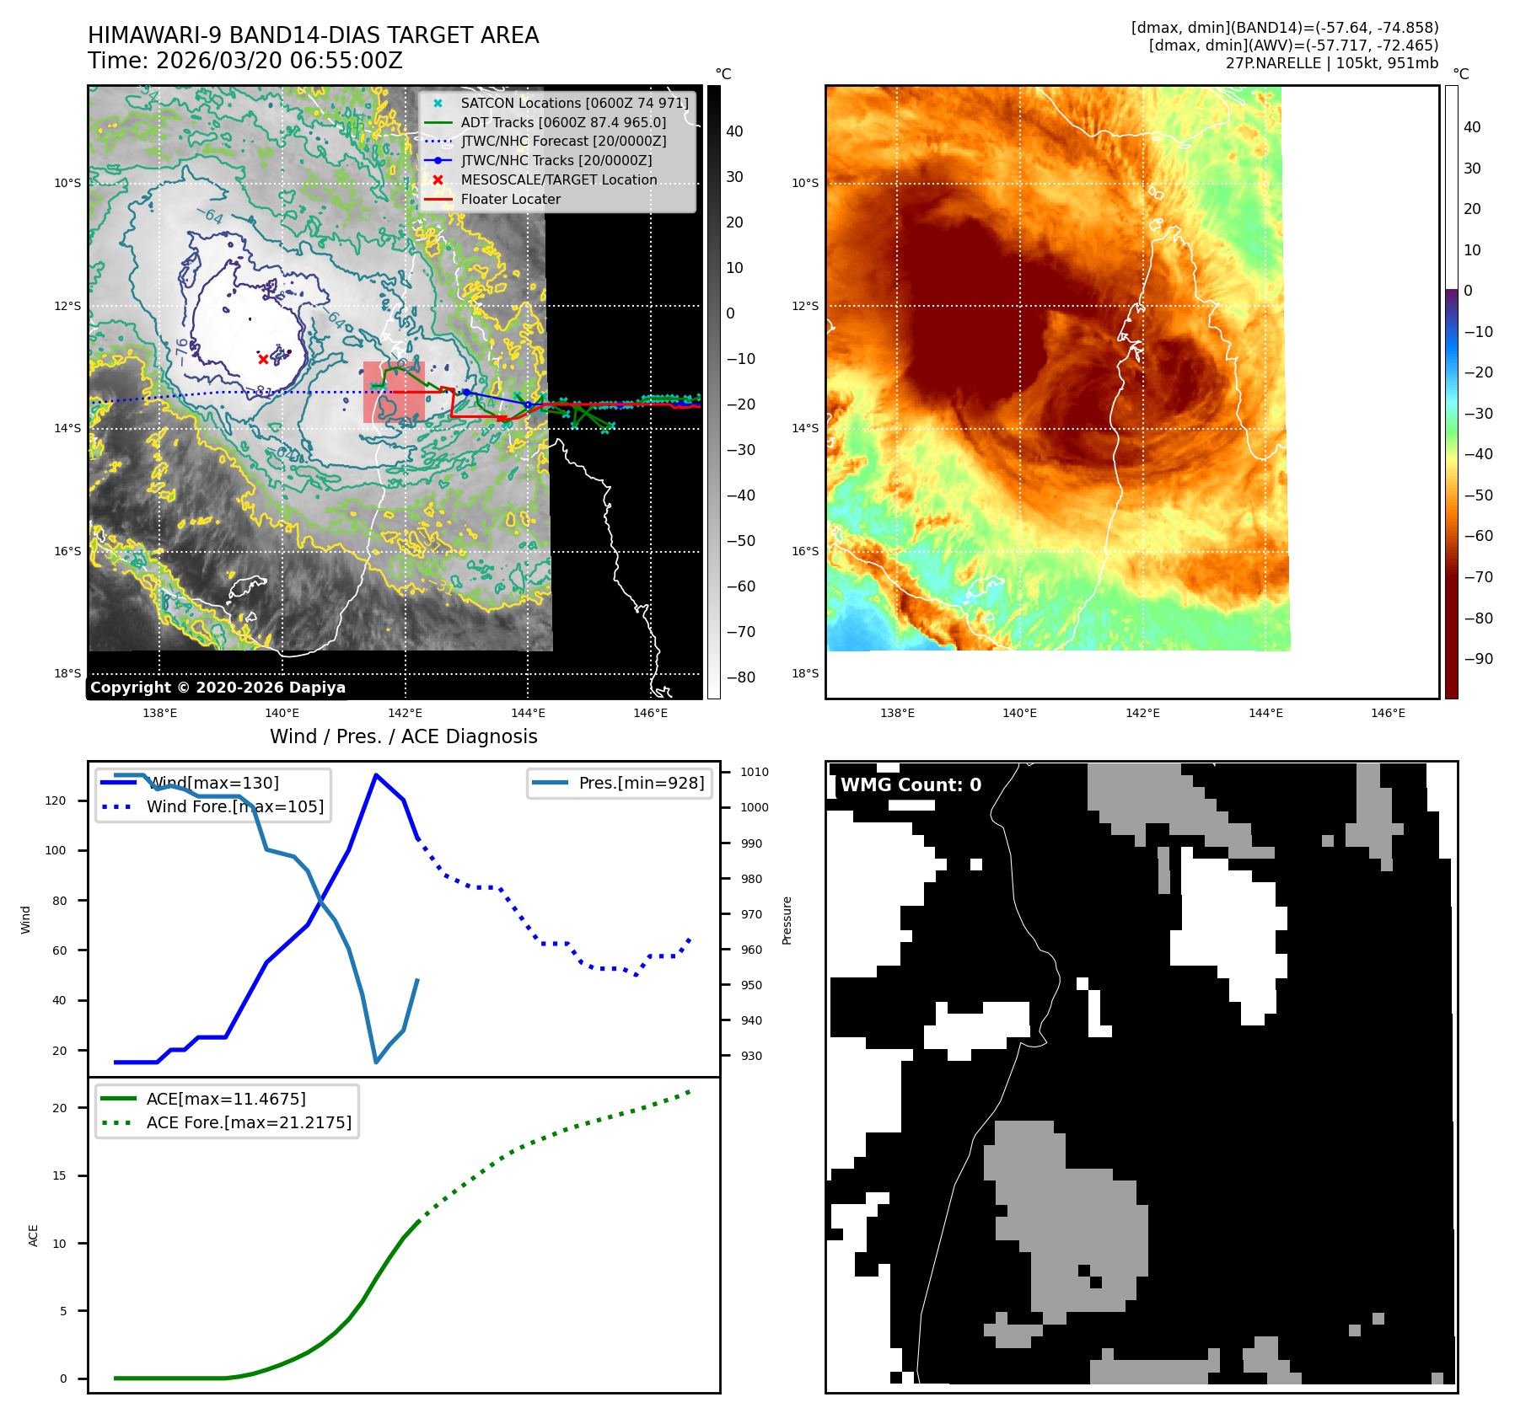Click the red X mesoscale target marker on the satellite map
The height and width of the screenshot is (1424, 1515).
263,359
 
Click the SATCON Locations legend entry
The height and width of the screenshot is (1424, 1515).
574,103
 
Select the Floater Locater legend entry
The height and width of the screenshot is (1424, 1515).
510,199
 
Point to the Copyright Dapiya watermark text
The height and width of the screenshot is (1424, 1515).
218,688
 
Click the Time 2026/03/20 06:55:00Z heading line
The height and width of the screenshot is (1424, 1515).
245,62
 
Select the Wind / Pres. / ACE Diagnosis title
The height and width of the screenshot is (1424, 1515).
403,736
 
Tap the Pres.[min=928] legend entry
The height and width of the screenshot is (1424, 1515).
641,783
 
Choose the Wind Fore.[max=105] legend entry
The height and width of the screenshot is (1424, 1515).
234,806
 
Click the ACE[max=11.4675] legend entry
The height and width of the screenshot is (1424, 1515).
226,1099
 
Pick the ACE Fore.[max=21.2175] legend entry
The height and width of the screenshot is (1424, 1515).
249,1122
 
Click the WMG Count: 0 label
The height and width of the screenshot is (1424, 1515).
911,785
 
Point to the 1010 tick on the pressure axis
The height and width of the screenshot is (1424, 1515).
754,772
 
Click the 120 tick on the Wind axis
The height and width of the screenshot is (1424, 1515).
56,800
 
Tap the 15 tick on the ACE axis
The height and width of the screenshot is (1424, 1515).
59,1175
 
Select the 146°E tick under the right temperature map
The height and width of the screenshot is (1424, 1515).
1388,713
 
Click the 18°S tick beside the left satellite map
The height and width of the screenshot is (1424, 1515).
67,673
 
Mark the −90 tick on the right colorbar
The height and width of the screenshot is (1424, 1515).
1478,659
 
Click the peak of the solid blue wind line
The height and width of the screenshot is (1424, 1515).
375,774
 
